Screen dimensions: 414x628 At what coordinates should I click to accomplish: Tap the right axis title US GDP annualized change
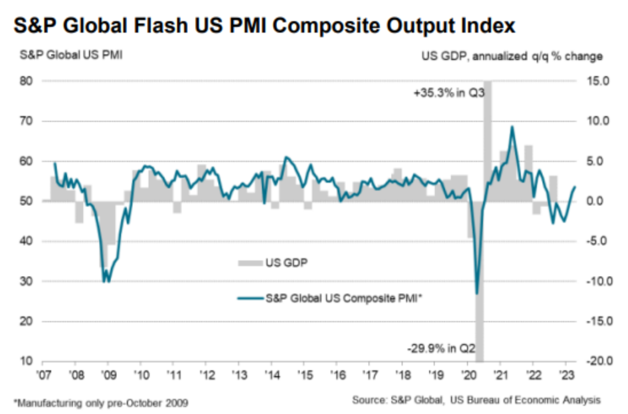coord(512,56)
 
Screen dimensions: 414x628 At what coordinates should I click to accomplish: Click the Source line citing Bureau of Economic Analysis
coord(476,400)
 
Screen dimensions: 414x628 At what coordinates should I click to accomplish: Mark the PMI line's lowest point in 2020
coord(477,294)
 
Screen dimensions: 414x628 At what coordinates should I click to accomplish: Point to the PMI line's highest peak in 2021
coord(512,127)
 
